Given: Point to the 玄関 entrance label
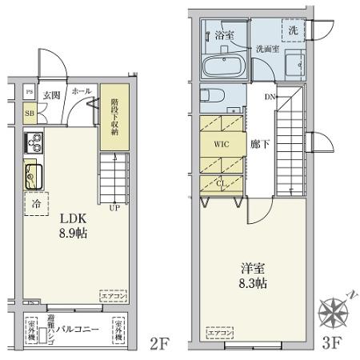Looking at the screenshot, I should pos(52,94).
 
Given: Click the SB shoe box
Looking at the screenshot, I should pos(29,113).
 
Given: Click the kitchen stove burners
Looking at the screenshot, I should pos(35,145).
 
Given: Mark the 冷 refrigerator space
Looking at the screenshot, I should pos(36,204).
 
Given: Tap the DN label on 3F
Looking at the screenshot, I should pos(270,97).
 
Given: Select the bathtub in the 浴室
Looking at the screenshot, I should pos(222,66).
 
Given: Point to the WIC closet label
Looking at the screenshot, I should pos(222,146).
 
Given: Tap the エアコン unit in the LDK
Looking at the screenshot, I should pos(110,294).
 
